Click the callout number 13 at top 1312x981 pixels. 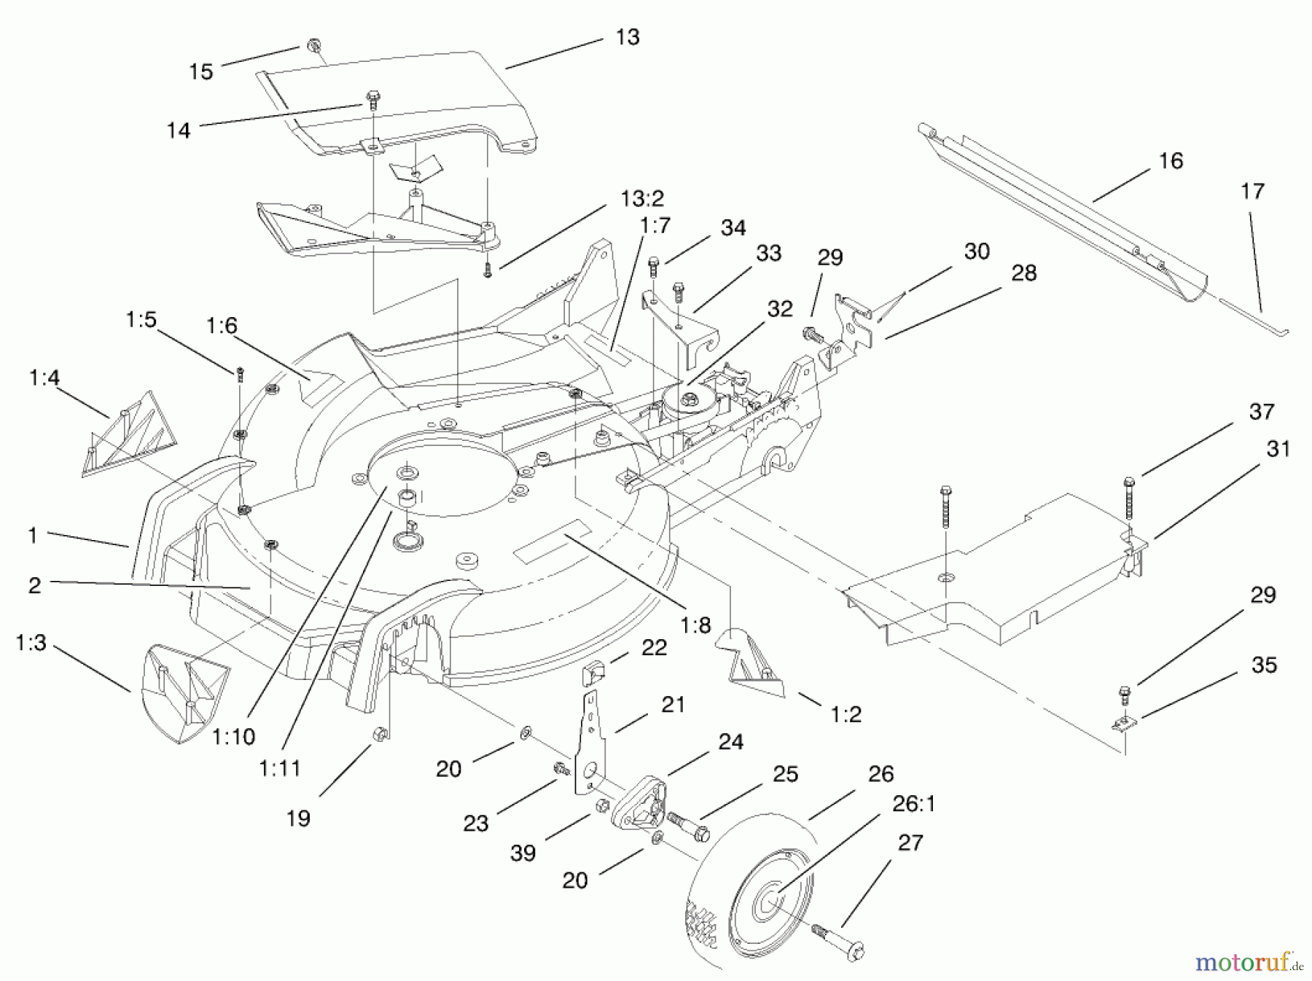[627, 36]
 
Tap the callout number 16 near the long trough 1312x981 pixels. [1170, 160]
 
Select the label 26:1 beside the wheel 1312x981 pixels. [913, 804]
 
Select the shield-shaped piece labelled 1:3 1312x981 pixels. [182, 692]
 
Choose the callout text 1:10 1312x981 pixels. [233, 736]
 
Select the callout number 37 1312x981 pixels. [1261, 412]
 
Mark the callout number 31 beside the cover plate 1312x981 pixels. [1278, 450]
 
